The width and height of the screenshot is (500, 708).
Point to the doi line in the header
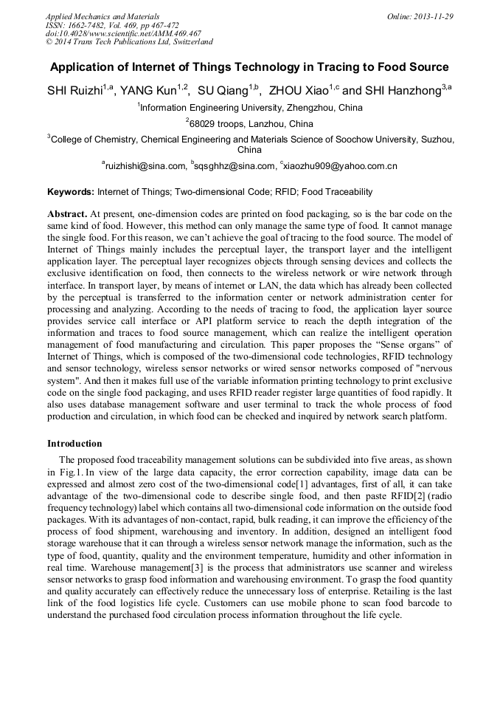pos(123,33)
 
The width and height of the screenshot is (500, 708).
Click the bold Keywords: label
pos(71,192)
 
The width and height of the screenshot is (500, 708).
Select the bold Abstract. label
pos(67,213)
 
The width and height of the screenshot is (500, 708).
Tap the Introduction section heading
pos(74,444)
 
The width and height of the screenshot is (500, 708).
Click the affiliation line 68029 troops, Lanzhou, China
pos(251,123)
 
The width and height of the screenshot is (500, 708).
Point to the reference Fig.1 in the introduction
pos(70,471)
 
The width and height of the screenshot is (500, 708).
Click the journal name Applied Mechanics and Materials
pos(103,16)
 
